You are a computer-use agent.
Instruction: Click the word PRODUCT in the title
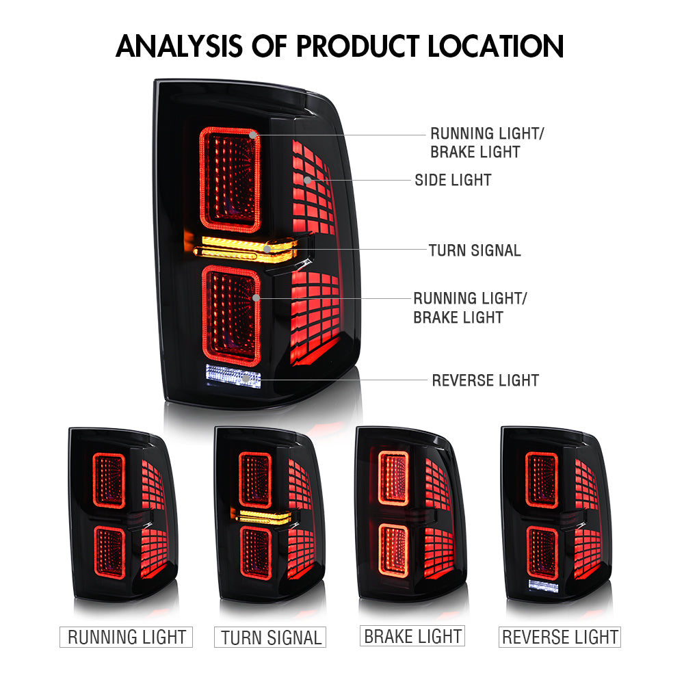(x=358, y=47)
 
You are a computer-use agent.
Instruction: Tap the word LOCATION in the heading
(x=495, y=47)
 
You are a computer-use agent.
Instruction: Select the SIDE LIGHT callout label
(x=453, y=180)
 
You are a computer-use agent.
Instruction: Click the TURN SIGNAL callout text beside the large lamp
(x=475, y=250)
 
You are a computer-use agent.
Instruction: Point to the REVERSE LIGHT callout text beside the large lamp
(x=486, y=380)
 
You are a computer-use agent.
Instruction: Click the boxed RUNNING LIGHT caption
(x=126, y=637)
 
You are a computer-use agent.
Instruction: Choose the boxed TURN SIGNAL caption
(x=270, y=637)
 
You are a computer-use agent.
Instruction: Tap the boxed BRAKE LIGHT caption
(x=412, y=636)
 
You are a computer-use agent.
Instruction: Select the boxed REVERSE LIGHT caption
(x=560, y=637)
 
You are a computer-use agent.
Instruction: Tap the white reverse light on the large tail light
(x=233, y=375)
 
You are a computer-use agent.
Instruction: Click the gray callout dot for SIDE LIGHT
(x=308, y=180)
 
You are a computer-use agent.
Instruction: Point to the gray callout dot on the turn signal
(x=267, y=250)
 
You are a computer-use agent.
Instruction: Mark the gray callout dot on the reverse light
(x=246, y=379)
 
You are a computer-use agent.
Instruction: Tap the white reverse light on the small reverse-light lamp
(x=544, y=586)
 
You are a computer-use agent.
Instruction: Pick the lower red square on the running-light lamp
(x=109, y=553)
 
